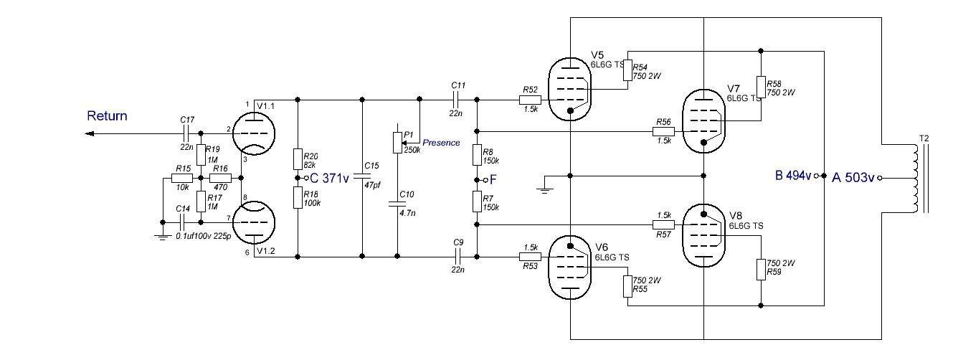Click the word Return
(107, 115)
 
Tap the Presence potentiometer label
(441, 143)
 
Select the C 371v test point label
(329, 178)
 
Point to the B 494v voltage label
(793, 175)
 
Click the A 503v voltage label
(853, 177)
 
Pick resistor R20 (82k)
(298, 159)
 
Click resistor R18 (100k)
(298, 198)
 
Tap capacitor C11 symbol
(455, 100)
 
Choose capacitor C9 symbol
(457, 257)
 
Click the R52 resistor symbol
(530, 100)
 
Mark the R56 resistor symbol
(664, 131)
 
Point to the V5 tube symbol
(570, 90)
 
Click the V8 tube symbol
(703, 235)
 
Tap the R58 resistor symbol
(761, 87)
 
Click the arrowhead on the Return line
(89, 134)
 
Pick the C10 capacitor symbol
(397, 204)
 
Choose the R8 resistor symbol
(477, 155)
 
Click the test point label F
(493, 179)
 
